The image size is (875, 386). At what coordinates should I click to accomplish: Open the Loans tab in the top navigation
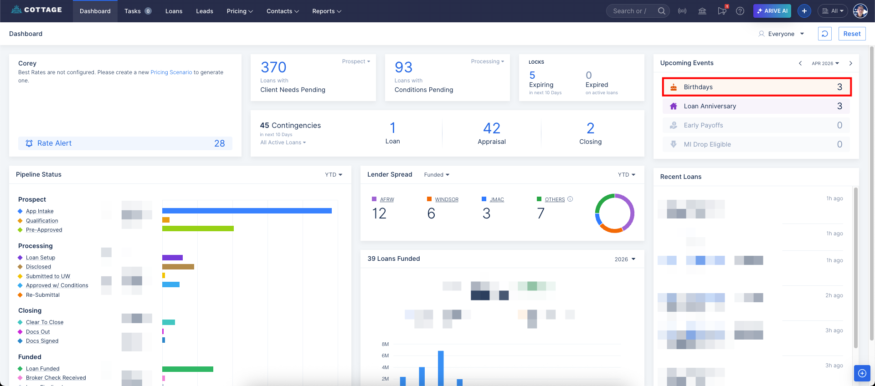(x=174, y=11)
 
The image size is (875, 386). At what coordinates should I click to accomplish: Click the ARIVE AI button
(x=772, y=11)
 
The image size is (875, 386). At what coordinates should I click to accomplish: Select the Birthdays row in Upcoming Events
(x=757, y=87)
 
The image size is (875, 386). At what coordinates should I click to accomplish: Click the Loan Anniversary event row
(x=757, y=106)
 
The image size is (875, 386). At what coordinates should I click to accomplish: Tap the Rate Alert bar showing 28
(x=125, y=143)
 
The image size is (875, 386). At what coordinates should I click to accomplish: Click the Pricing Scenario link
(x=171, y=72)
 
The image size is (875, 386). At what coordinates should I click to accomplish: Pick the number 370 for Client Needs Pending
(x=273, y=67)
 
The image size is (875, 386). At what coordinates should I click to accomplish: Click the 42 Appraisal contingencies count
(x=491, y=128)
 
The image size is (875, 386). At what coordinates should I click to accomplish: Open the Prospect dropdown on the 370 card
(x=356, y=61)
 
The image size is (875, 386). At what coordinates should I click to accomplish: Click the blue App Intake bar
(x=247, y=211)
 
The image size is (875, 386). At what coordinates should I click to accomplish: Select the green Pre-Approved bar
(x=198, y=229)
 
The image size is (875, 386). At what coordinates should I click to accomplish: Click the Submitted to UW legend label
(x=48, y=276)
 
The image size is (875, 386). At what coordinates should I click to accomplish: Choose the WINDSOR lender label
(x=446, y=199)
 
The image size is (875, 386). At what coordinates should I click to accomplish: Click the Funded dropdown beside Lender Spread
(x=437, y=175)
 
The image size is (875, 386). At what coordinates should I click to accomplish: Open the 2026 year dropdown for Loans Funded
(x=624, y=259)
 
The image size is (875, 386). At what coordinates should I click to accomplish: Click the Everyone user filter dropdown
(x=782, y=34)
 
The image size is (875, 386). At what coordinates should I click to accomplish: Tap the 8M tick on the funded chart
(x=385, y=344)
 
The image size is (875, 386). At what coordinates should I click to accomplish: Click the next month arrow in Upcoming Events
(x=850, y=63)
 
